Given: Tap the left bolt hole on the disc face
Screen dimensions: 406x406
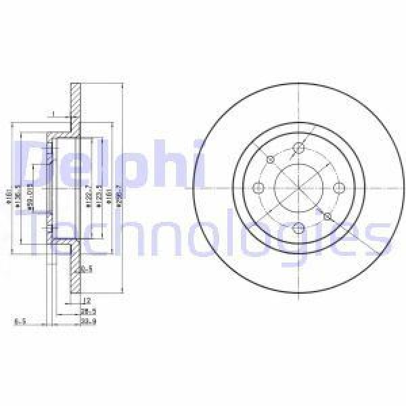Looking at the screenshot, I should (x=258, y=188).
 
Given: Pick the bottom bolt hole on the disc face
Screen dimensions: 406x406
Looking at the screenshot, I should (x=298, y=227).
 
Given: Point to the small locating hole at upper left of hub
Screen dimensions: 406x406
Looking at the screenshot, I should (x=270, y=160).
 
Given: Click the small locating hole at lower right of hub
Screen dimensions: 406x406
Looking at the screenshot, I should (x=328, y=216).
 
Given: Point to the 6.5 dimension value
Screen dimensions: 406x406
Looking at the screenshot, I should (x=20, y=322).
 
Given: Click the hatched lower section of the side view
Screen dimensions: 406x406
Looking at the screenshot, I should (x=76, y=271).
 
